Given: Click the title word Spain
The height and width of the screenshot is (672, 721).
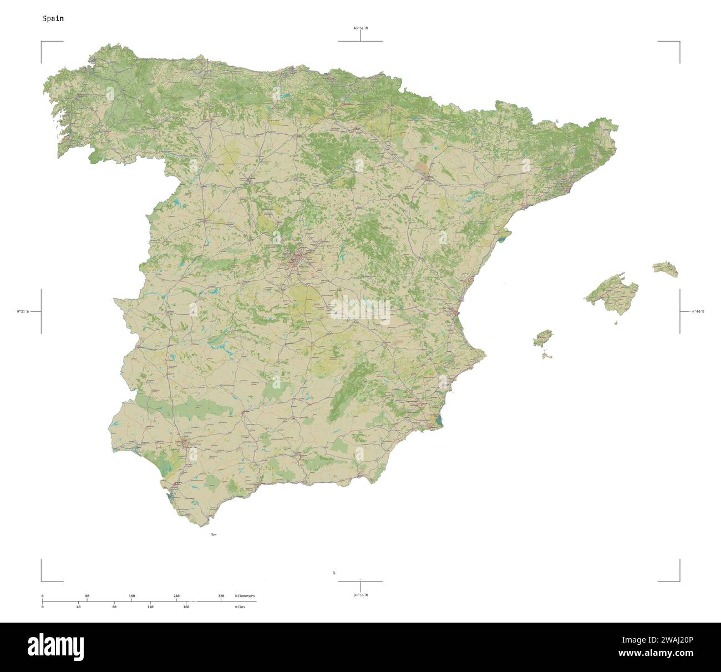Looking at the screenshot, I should click(x=53, y=18).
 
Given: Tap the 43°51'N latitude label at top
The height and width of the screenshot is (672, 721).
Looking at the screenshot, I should click(x=360, y=28).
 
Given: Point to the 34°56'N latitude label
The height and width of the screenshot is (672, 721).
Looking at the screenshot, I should click(x=360, y=595).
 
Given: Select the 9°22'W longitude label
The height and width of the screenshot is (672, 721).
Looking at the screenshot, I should click(x=23, y=311).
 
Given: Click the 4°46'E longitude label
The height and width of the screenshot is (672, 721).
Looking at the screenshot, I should click(x=697, y=311).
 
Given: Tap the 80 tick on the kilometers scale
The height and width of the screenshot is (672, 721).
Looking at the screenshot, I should click(x=87, y=596).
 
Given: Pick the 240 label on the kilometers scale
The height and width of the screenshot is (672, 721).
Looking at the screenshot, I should click(x=176, y=596).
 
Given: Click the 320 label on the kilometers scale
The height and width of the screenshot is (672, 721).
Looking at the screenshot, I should click(x=221, y=596).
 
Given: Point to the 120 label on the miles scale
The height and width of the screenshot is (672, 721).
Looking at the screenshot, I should click(x=150, y=607).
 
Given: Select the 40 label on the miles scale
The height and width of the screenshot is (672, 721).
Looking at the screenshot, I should click(x=78, y=607).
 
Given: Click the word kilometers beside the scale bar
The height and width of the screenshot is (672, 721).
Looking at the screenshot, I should click(x=245, y=596).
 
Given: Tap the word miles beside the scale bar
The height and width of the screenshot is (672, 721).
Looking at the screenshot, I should click(x=240, y=607).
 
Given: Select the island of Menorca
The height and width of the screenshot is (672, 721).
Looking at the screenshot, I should click(x=666, y=269).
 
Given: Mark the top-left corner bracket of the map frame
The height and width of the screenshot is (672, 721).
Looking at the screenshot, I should click(x=42, y=42).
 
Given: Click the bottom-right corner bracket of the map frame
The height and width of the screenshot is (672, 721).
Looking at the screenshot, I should click(x=679, y=581).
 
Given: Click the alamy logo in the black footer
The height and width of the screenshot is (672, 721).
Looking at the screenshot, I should click(x=55, y=647).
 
